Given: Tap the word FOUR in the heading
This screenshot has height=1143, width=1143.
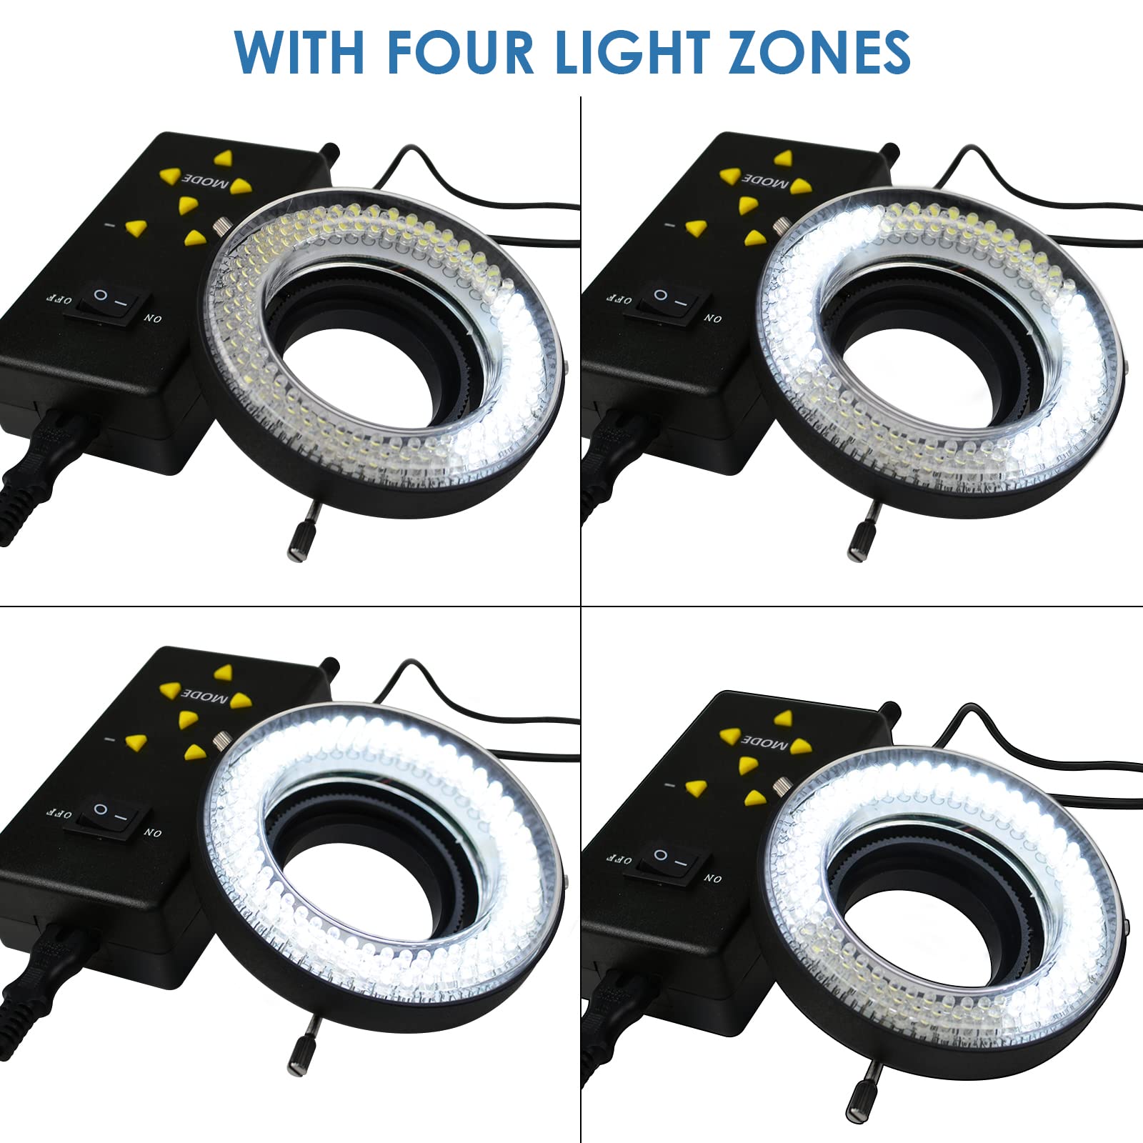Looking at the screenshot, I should tap(461, 51).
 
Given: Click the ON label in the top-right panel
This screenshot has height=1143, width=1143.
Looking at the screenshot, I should tap(712, 319).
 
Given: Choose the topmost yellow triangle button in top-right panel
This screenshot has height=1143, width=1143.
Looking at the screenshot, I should tap(784, 158).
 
